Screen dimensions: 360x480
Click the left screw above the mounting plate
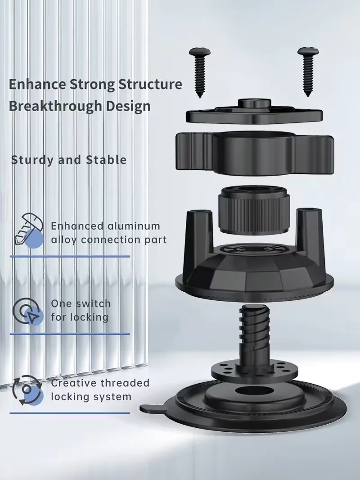200,72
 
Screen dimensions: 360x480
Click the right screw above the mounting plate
308,72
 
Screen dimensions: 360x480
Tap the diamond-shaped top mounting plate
254,113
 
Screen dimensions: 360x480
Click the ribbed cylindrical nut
253,209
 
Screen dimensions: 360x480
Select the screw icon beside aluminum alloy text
28,230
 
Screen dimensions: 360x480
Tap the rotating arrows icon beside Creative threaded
27,390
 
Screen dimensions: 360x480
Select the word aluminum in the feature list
134,226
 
